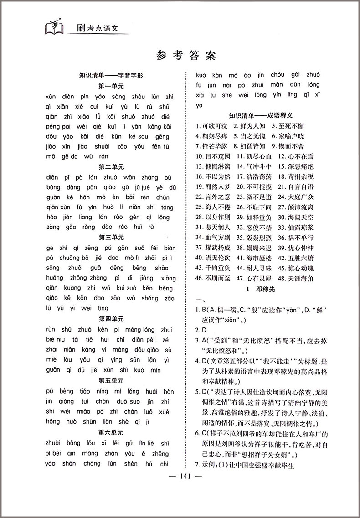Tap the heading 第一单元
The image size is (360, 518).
111,86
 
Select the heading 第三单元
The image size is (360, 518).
111,237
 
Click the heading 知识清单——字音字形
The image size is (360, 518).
111,76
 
